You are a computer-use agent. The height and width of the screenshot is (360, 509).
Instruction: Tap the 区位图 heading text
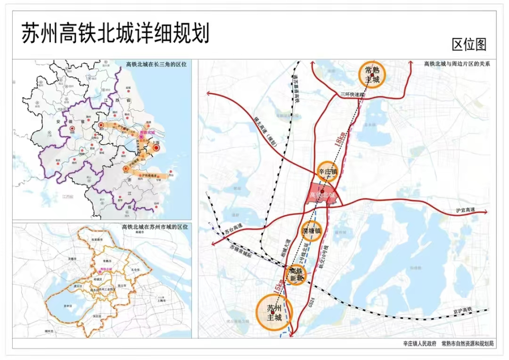tap(469, 44)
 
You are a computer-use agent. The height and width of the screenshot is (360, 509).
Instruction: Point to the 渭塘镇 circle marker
tap(312, 231)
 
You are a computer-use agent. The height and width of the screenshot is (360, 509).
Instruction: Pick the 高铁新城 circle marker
tap(296, 275)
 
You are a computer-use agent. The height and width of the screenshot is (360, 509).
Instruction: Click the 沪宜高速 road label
tap(465, 210)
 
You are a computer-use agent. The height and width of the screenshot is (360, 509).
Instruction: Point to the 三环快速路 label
tap(353, 94)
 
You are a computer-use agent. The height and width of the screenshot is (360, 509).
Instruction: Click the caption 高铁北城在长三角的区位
tap(156, 65)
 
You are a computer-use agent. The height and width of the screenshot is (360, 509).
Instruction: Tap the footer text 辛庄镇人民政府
tap(419, 344)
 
